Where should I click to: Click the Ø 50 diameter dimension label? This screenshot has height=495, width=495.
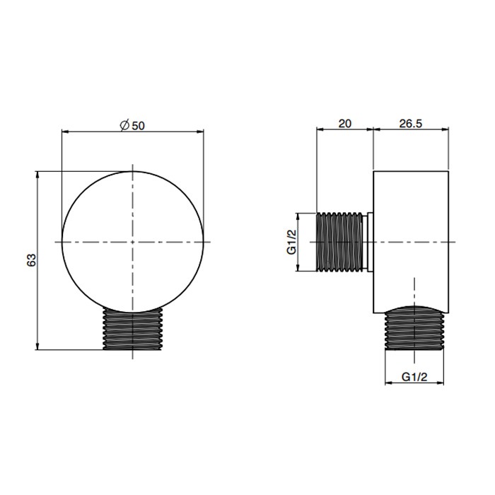pyautogui.click(x=132, y=124)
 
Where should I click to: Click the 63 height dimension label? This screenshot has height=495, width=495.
pyautogui.click(x=30, y=260)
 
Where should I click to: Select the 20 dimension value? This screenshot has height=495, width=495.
pyautogui.click(x=344, y=123)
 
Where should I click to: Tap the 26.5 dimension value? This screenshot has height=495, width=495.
pyautogui.click(x=410, y=123)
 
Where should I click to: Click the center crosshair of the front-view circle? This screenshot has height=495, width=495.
pyautogui.click(x=132, y=242)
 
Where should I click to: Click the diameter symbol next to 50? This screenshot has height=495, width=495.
pyautogui.click(x=124, y=124)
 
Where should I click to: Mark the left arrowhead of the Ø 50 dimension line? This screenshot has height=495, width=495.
pyautogui.click(x=65, y=132)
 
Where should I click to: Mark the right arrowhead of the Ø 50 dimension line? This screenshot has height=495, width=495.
pyautogui.click(x=200, y=132)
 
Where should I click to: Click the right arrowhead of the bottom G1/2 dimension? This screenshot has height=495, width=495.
pyautogui.click(x=445, y=384)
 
